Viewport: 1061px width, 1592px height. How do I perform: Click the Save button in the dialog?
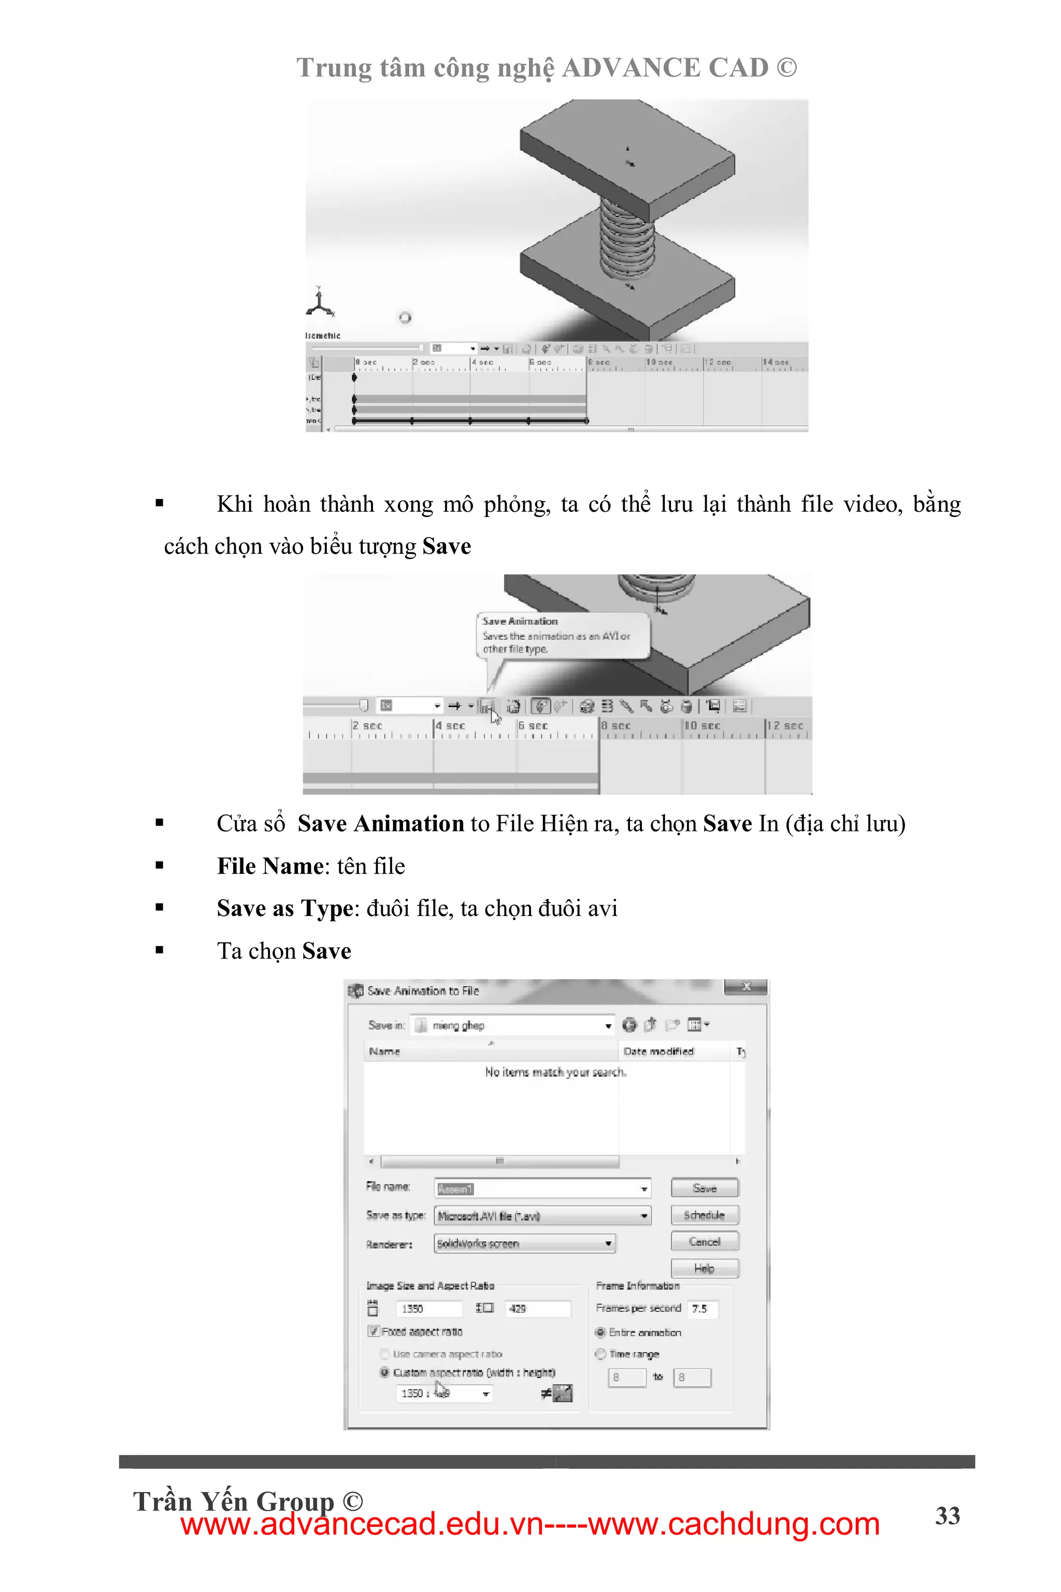click(705, 1188)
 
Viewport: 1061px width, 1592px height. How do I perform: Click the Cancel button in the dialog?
click(705, 1241)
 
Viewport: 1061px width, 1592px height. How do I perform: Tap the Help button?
click(705, 1268)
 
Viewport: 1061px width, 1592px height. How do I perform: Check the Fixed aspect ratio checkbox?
click(373, 1331)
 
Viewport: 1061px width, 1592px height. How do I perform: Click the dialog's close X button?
click(745, 986)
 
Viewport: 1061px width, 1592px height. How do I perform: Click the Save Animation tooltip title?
click(520, 621)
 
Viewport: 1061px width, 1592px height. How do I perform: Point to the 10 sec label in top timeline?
click(659, 363)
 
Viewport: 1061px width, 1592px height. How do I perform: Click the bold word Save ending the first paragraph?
click(446, 546)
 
